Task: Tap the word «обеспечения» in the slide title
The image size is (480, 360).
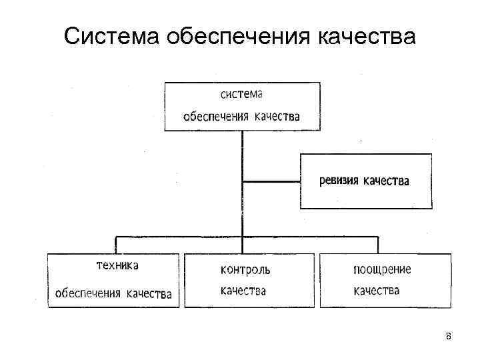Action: (236, 36)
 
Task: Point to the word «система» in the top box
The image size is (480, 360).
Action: (241, 96)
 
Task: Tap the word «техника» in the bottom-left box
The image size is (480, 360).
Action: (117, 266)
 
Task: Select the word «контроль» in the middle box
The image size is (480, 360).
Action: (245, 269)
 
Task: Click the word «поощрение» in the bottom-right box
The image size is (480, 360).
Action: (382, 269)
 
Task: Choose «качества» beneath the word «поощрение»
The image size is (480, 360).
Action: (377, 291)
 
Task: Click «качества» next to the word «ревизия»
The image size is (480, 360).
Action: (386, 181)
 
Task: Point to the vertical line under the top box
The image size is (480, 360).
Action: (243, 153)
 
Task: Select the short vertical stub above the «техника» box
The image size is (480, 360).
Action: (117, 244)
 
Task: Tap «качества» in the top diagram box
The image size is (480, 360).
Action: (276, 117)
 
